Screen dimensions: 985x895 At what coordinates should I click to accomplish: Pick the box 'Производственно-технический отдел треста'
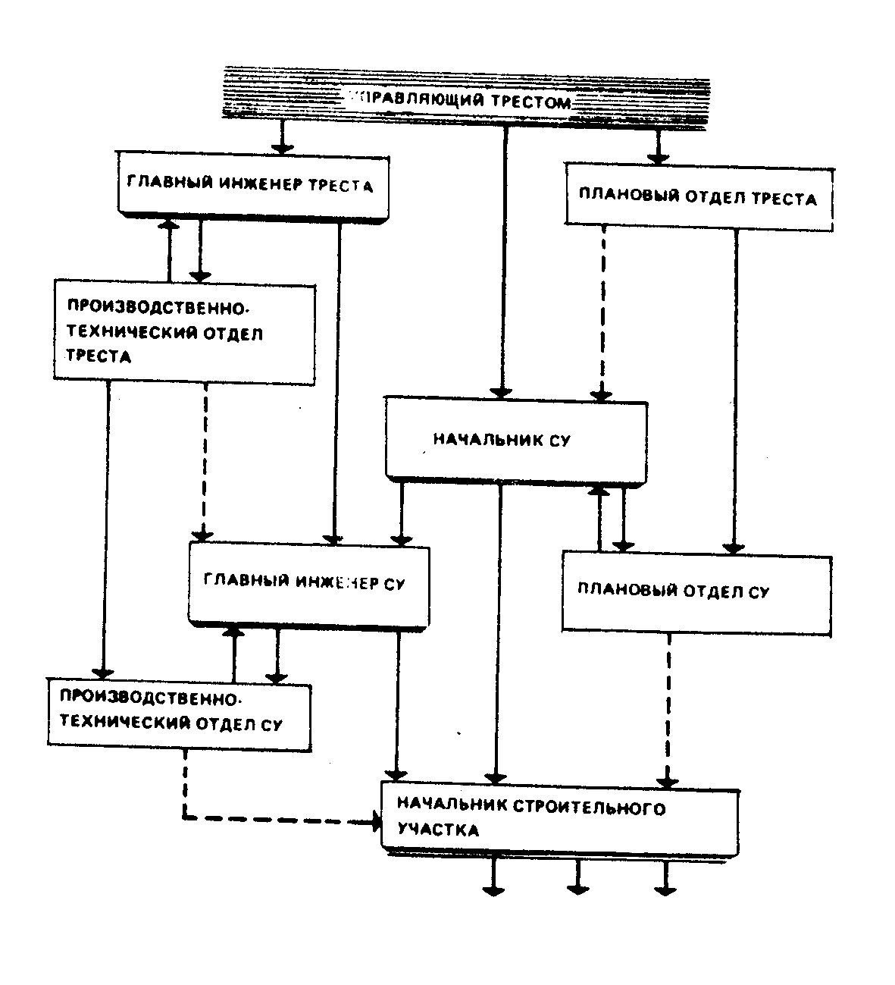tap(184, 332)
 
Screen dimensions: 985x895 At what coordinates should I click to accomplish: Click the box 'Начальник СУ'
tap(516, 439)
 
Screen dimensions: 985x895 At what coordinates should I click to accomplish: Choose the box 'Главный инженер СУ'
tap(308, 583)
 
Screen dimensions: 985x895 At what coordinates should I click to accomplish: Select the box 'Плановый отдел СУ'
tap(696, 591)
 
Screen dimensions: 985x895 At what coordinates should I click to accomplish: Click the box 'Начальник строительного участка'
tap(559, 819)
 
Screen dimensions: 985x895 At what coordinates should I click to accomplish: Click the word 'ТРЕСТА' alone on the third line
tap(99, 356)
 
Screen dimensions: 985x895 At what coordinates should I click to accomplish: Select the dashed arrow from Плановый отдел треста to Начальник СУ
tap(602, 311)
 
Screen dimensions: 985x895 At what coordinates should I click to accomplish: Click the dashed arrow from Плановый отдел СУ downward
tap(669, 705)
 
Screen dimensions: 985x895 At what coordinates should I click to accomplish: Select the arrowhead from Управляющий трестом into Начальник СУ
tap(500, 391)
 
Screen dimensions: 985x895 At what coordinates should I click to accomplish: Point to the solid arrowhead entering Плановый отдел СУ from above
tap(732, 546)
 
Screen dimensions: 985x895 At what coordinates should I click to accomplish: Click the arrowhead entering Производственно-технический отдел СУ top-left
tap(102, 672)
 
